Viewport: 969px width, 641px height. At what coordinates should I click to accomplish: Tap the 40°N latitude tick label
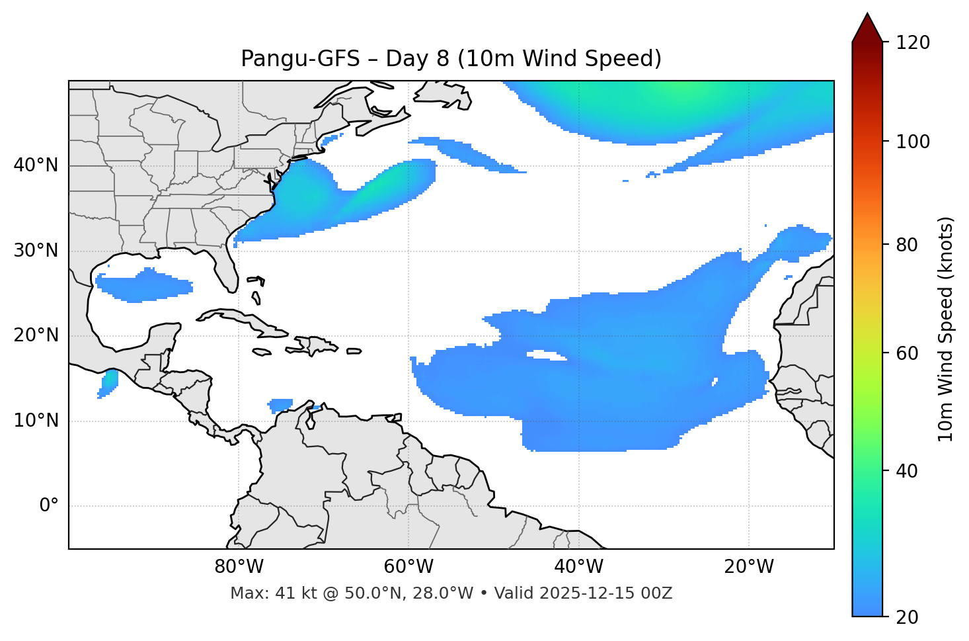click(x=36, y=165)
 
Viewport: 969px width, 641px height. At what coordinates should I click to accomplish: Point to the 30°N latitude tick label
click(x=36, y=251)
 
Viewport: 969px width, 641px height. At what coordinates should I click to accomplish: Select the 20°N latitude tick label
click(x=36, y=335)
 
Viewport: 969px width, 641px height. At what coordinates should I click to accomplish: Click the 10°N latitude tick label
click(x=36, y=421)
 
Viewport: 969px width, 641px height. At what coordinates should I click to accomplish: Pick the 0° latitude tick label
click(x=48, y=506)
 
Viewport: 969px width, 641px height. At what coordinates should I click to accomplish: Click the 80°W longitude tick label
click(x=239, y=567)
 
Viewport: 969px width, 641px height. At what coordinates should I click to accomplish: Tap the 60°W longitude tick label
click(x=408, y=567)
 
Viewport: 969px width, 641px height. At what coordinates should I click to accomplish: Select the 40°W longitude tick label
click(x=578, y=567)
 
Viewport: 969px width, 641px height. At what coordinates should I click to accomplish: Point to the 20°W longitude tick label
click(x=748, y=567)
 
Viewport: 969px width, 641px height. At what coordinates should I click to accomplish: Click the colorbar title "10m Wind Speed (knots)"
click(x=946, y=329)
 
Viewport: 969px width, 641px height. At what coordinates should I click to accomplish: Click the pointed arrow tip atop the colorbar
click(x=867, y=15)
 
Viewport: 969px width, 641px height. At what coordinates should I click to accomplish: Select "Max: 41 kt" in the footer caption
click(x=261, y=593)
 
